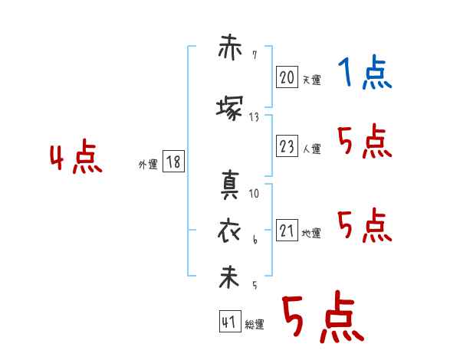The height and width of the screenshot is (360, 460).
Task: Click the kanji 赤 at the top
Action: coord(230,47)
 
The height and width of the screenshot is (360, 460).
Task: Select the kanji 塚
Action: coord(230,109)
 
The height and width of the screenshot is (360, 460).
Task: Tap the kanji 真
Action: coord(230,185)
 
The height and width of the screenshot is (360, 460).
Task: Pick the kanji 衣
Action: coord(229,231)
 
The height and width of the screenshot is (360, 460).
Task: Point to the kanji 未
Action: coord(228,277)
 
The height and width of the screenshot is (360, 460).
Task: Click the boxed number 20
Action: coord(287,77)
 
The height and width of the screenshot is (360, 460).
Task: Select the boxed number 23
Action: coord(287,146)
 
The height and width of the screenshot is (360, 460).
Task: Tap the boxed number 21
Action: coord(287,230)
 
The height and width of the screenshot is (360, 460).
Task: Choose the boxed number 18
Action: coord(173,162)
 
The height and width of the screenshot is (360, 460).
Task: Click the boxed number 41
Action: coord(230,321)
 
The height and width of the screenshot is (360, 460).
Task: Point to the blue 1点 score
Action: coord(365,72)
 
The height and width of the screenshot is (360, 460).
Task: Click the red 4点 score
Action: coord(76,156)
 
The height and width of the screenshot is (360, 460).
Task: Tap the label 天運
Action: coord(312,80)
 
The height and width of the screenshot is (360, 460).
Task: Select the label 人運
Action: coord(312,149)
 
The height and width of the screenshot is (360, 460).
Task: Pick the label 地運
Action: coord(311,234)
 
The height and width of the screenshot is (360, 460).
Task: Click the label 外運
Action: coord(148,165)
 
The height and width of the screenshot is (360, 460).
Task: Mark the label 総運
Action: coord(255,325)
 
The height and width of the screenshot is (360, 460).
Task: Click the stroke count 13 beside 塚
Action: coord(254,117)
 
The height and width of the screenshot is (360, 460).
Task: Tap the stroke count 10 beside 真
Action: coord(254,194)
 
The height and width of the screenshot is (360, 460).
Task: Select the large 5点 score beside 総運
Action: coord(324,316)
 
